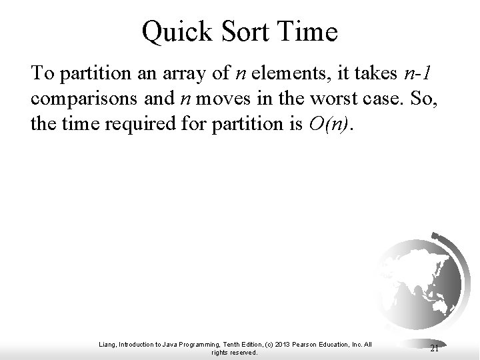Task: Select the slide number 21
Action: (434, 347)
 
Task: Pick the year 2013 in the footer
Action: (290, 344)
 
